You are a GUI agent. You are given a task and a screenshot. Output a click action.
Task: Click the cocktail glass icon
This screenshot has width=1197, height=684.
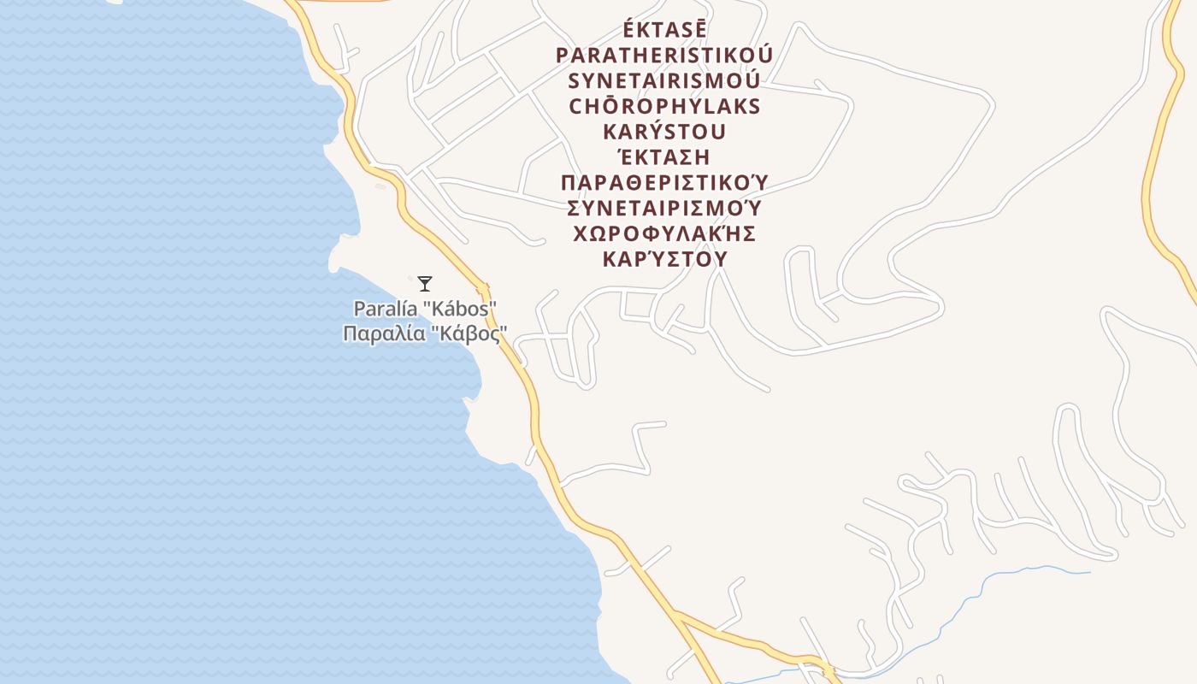tap(425, 283)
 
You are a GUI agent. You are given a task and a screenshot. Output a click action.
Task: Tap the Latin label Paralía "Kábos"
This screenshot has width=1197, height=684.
tap(426, 309)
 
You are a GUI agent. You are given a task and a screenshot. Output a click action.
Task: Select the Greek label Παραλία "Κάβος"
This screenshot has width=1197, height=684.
tap(425, 333)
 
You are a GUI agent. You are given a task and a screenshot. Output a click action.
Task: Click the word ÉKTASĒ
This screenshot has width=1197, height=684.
tap(664, 30)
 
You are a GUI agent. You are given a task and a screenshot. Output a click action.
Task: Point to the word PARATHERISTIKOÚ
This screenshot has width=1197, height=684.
tap(664, 56)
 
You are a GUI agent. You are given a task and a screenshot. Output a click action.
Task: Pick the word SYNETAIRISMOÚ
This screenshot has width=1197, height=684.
tap(664, 81)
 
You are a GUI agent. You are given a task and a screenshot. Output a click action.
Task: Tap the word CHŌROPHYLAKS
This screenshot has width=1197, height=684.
tap(664, 107)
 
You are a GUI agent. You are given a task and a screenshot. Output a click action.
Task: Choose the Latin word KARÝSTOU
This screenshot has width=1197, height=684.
tap(664, 133)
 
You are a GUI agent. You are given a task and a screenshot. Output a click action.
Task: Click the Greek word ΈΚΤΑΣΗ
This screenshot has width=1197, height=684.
tap(664, 158)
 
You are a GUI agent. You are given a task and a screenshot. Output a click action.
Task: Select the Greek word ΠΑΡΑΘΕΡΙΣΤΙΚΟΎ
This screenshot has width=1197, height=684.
tap(664, 183)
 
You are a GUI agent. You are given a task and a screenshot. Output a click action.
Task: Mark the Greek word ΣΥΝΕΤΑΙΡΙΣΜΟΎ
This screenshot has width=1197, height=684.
tap(664, 209)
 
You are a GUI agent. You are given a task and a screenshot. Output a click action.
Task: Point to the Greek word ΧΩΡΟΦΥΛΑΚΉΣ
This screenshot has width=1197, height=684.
tap(664, 234)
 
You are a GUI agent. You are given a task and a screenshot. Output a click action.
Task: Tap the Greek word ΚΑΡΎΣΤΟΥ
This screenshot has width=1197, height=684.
tap(664, 259)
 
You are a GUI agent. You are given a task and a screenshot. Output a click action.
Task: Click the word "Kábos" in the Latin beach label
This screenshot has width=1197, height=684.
tap(467, 309)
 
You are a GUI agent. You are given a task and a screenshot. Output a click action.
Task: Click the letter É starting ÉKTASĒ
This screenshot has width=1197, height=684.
tap(628, 30)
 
